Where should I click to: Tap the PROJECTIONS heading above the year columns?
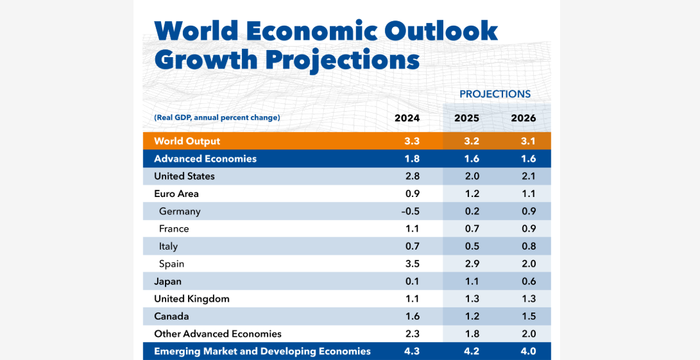pos(495,94)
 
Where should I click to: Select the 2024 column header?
pos(407,118)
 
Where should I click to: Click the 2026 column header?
pos(523,118)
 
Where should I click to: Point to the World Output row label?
pos(187,141)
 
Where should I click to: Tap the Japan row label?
pos(167,281)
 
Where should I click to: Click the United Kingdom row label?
pos(191,299)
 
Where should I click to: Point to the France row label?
pos(174,229)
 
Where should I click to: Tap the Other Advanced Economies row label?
pos(218,334)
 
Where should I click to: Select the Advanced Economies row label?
pos(205,159)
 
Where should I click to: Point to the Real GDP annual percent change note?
pos(217,117)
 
